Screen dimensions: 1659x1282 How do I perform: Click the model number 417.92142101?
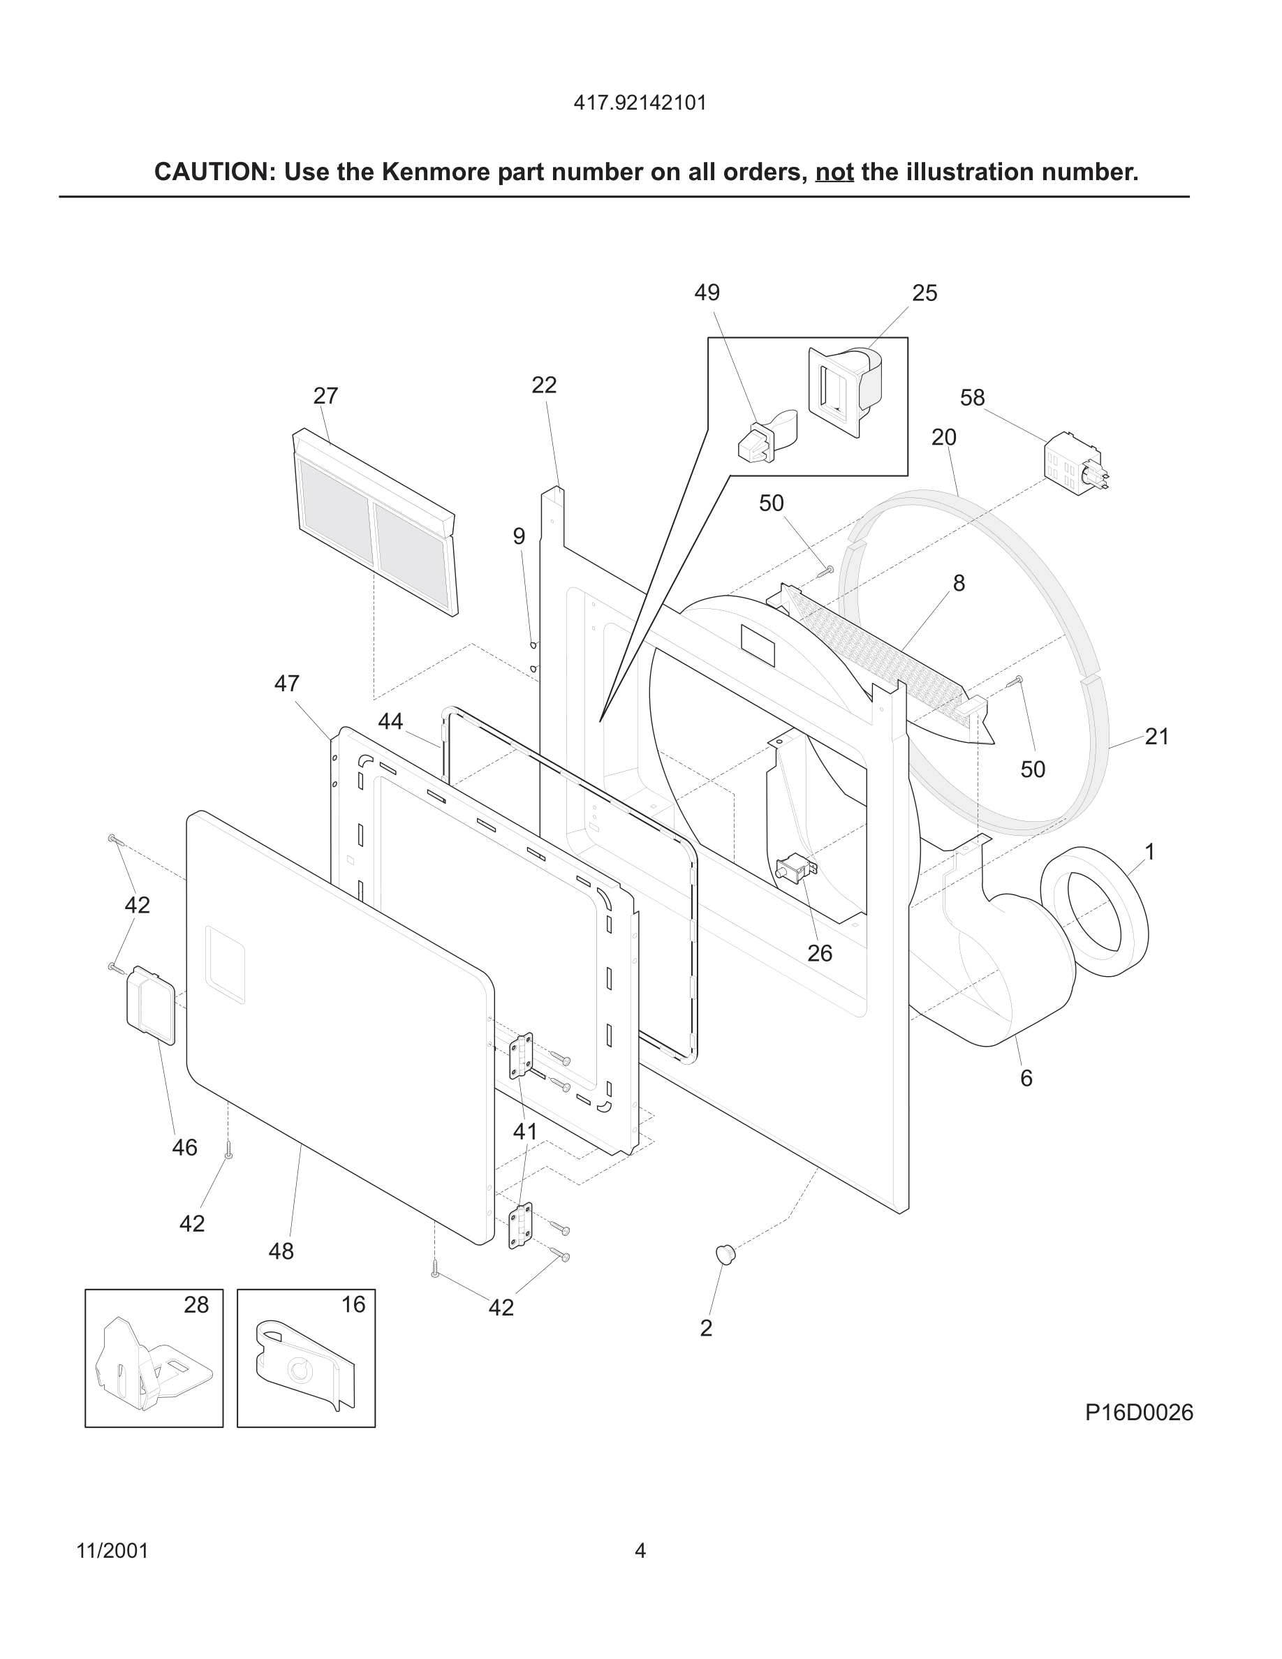[x=640, y=103]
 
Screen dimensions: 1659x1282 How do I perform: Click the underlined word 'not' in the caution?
[x=834, y=172]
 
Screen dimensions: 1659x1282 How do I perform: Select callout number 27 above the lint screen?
[x=325, y=396]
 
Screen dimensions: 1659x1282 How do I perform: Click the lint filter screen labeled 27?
[x=375, y=524]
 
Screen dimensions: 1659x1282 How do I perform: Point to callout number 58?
[x=972, y=397]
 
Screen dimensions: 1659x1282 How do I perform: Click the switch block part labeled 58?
[x=1073, y=463]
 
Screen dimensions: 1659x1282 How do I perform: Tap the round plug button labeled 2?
[x=725, y=1254]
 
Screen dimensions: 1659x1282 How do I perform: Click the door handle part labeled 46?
[x=150, y=1004]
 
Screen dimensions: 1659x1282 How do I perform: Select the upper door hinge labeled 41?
[x=521, y=1056]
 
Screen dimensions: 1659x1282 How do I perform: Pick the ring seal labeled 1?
[x=1093, y=911]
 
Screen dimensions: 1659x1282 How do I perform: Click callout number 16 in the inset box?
[x=353, y=1304]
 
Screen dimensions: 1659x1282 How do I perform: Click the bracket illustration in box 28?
[x=152, y=1365]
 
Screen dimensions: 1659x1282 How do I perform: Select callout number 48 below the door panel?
[x=281, y=1251]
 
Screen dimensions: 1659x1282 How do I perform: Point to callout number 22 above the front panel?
[x=544, y=385]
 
